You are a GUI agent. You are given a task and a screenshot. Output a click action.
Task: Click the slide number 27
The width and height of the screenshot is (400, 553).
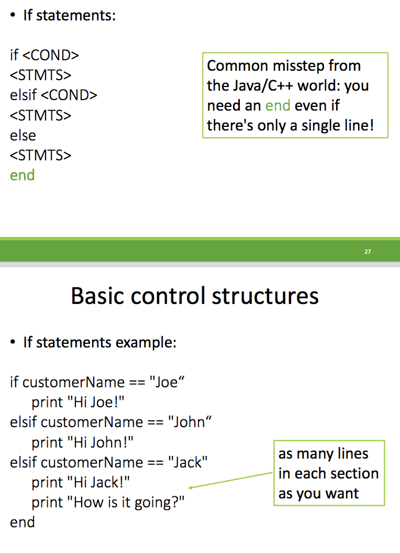click(368, 252)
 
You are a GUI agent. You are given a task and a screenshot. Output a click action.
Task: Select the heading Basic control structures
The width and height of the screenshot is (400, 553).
click(195, 296)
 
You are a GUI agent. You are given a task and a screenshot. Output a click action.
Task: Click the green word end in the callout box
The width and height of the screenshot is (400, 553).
click(277, 105)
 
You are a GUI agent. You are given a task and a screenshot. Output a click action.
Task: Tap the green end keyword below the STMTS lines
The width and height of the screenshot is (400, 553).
click(23, 175)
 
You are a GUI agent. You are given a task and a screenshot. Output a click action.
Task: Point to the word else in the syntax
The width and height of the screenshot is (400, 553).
click(23, 135)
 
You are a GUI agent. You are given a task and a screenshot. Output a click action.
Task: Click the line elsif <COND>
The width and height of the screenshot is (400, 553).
click(53, 95)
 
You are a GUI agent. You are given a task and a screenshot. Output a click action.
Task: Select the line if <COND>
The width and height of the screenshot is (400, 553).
click(45, 55)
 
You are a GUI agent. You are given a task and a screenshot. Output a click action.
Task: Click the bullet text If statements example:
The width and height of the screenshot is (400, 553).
click(99, 343)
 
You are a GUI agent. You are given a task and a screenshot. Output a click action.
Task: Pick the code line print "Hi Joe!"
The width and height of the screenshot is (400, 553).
click(78, 402)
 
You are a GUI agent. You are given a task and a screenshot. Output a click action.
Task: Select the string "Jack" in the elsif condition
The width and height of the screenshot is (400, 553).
click(188, 462)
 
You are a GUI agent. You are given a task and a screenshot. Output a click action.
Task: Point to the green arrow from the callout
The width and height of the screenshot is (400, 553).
click(230, 481)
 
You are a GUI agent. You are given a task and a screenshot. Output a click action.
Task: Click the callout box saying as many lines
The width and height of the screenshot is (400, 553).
click(329, 473)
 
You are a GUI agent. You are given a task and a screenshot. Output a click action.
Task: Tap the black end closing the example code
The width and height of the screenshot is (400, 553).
click(23, 522)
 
